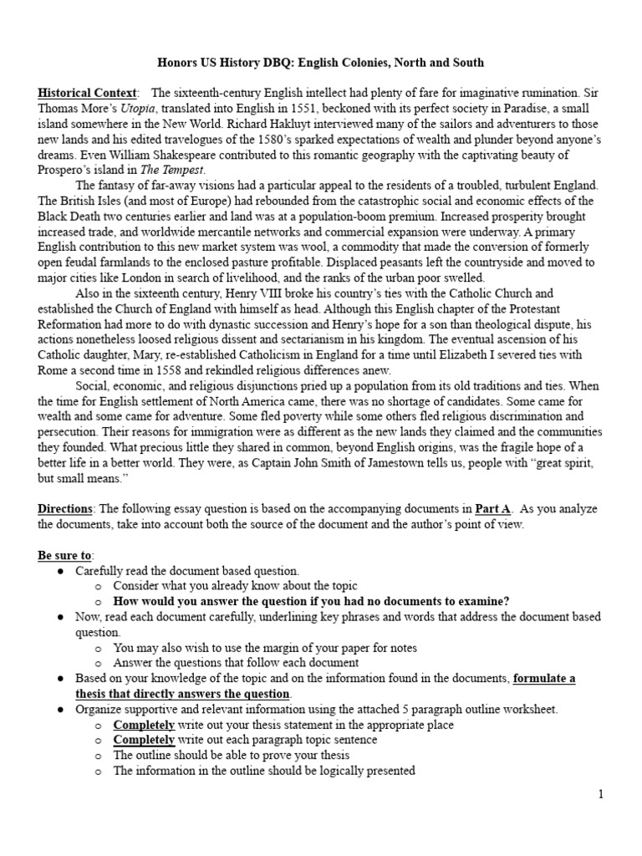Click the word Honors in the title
[178, 63]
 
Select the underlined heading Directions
[65, 509]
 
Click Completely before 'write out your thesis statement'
[144, 725]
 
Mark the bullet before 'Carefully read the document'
[62, 571]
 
